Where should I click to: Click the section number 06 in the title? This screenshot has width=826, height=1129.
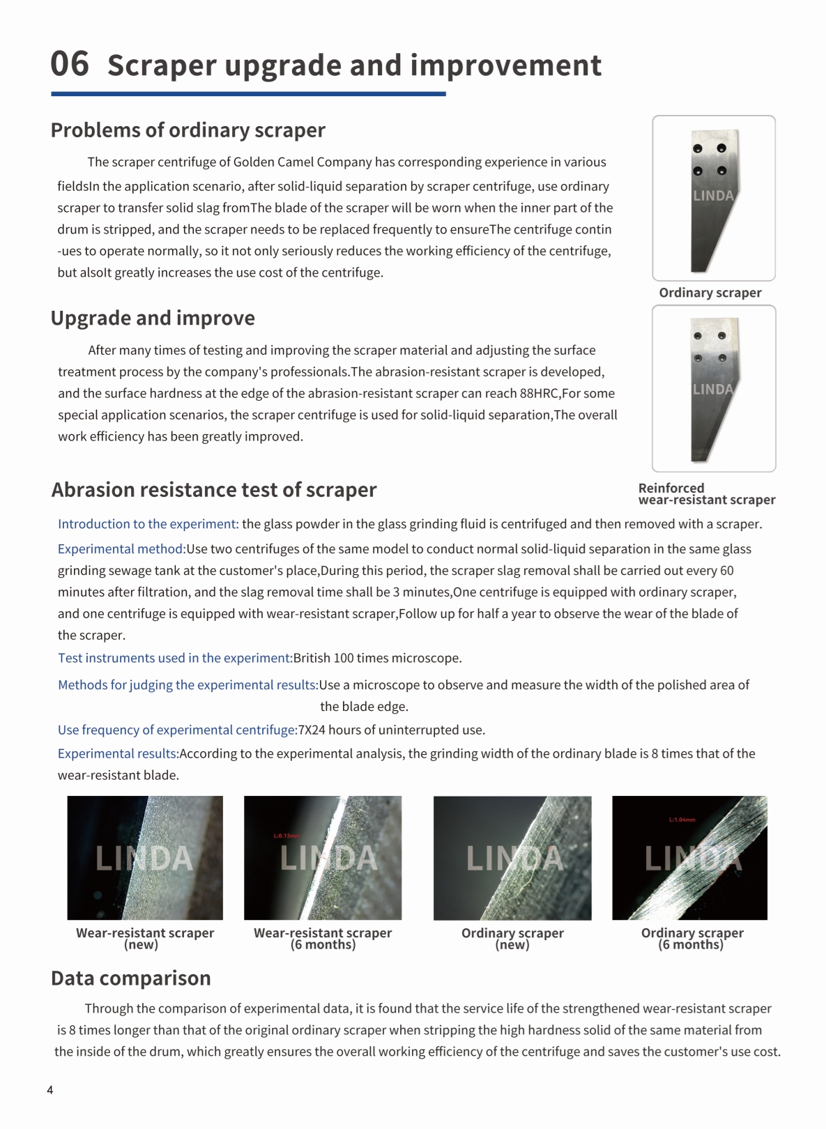coord(70,64)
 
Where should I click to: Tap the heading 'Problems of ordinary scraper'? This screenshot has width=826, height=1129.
coord(188,130)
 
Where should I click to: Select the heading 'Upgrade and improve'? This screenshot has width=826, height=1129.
coord(153,318)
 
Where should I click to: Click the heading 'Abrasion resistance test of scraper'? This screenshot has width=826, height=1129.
coord(213,490)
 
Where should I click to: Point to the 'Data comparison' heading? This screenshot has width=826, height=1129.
coord(131,978)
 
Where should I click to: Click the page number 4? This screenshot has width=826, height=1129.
coord(49,1090)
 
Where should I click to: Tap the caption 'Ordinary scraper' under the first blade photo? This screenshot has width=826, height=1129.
coord(710,293)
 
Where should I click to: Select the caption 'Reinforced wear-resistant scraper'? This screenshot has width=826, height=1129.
coord(706,494)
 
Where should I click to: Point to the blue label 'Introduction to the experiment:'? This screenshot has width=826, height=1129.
coord(148,524)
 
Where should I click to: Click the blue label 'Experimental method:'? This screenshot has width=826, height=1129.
coord(122,549)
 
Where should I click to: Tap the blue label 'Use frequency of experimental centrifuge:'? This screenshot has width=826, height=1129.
coord(178,730)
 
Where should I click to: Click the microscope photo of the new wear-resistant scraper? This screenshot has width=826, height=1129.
coord(145,858)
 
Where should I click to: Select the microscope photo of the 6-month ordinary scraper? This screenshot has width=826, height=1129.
coord(689,858)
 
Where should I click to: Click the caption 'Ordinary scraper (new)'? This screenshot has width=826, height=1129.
coord(512,939)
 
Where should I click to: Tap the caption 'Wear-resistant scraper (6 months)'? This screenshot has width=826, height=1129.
coord(323,939)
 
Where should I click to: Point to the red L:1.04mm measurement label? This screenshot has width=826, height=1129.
coord(682,820)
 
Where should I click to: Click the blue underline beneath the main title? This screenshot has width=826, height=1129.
coord(248,94)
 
